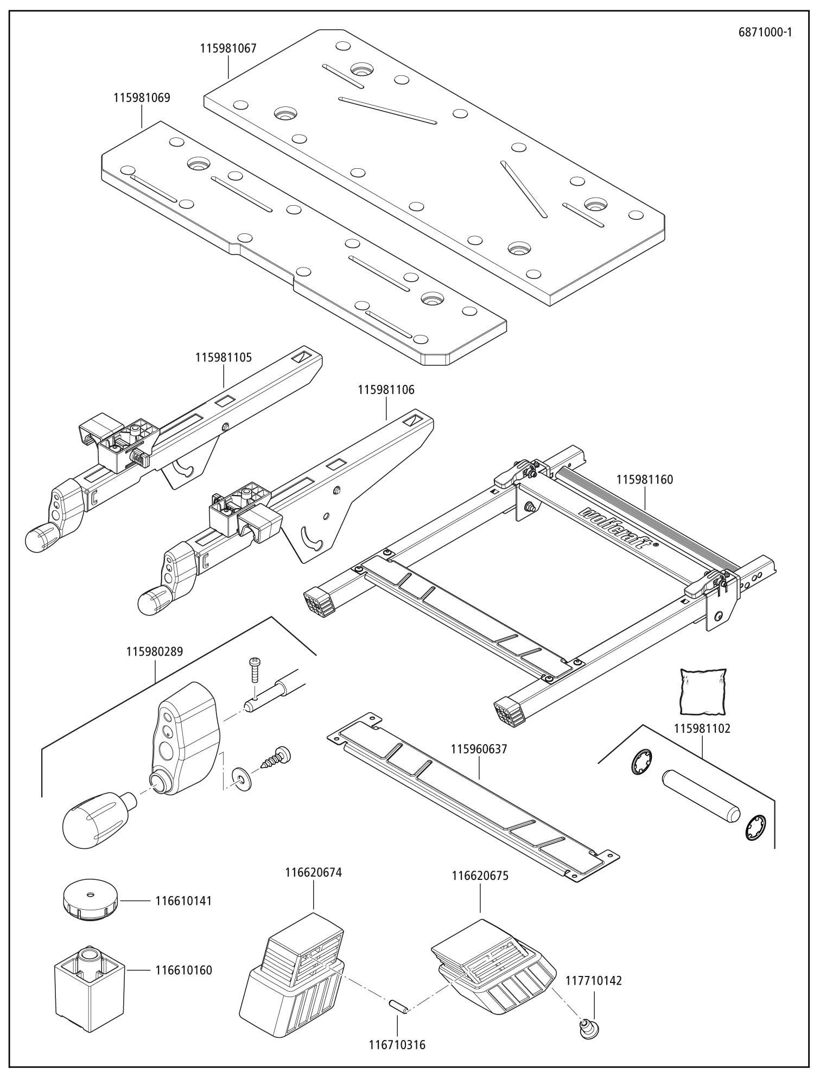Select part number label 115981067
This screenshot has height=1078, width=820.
(228, 48)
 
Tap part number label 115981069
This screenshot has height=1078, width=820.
(142, 98)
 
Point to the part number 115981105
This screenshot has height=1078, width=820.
(224, 358)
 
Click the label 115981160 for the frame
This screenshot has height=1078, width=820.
(645, 479)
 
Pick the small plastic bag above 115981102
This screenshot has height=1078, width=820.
(702, 691)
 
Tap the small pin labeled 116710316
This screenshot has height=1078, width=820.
(399, 1005)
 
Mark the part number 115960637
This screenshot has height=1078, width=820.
(479, 749)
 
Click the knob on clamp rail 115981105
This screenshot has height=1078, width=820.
(40, 538)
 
